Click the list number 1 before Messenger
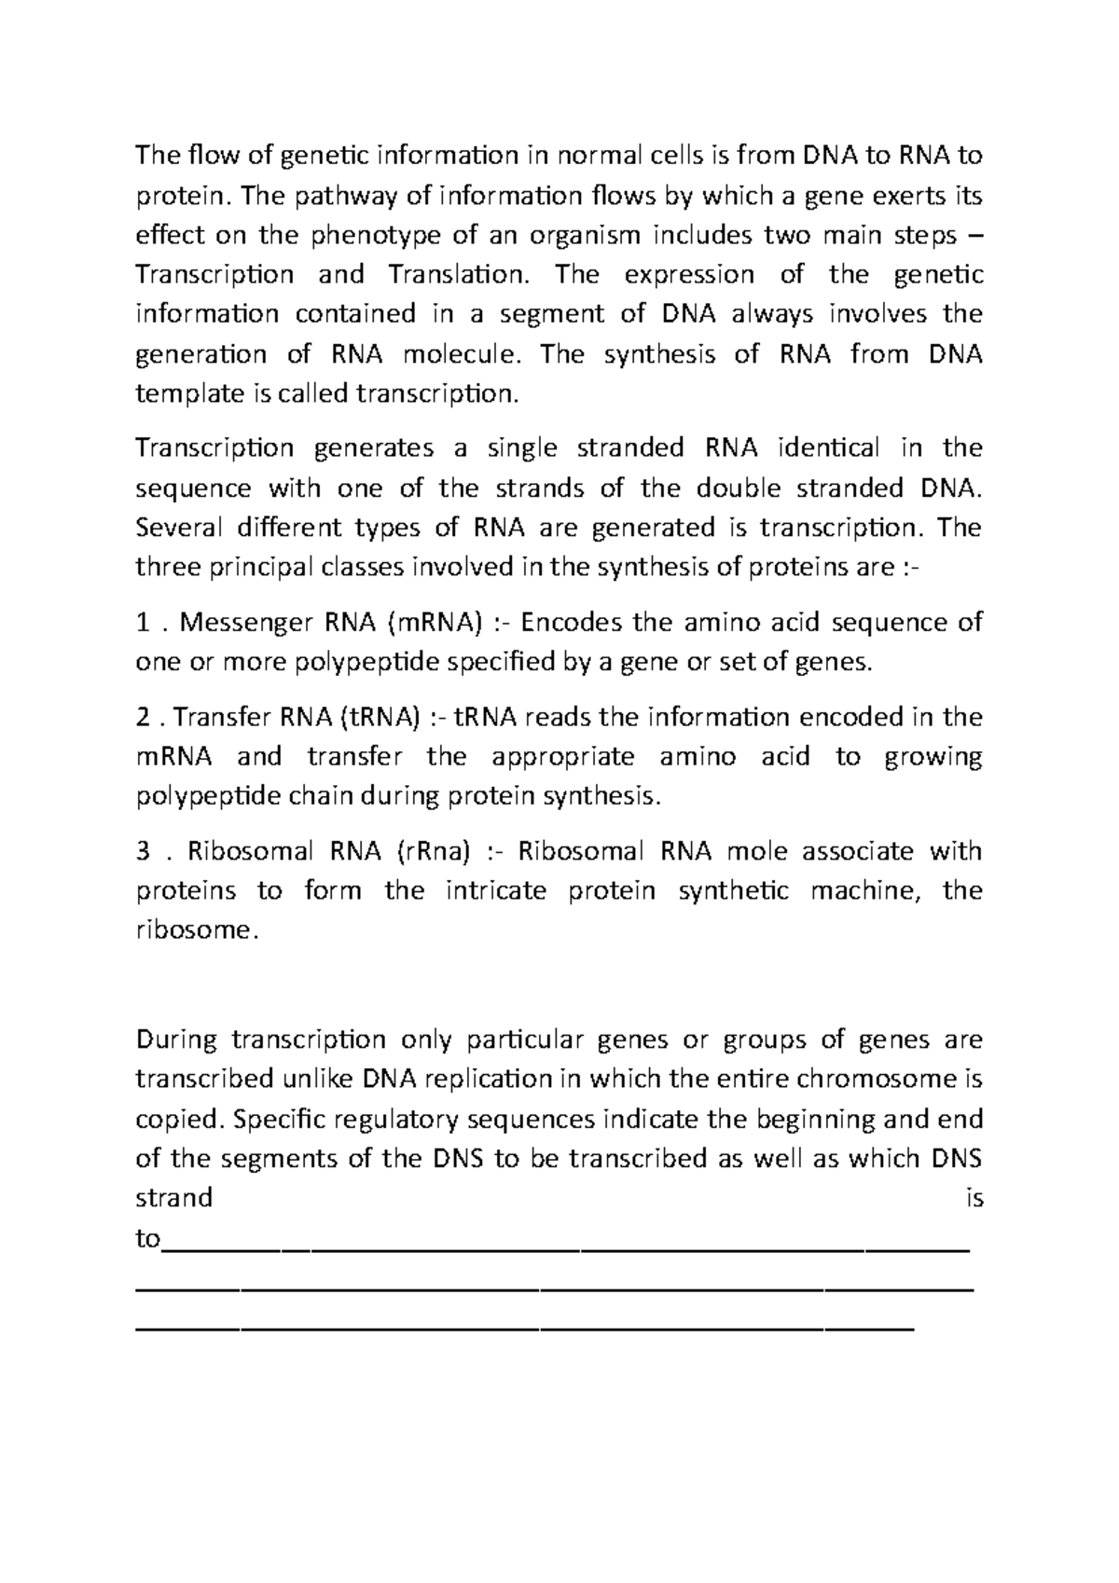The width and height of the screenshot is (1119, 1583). click(x=142, y=623)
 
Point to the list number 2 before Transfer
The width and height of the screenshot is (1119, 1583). click(x=143, y=718)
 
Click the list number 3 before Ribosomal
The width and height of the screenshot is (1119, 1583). click(x=143, y=851)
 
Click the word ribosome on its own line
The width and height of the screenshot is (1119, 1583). click(x=192, y=930)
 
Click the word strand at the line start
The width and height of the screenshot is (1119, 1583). click(x=173, y=1198)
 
